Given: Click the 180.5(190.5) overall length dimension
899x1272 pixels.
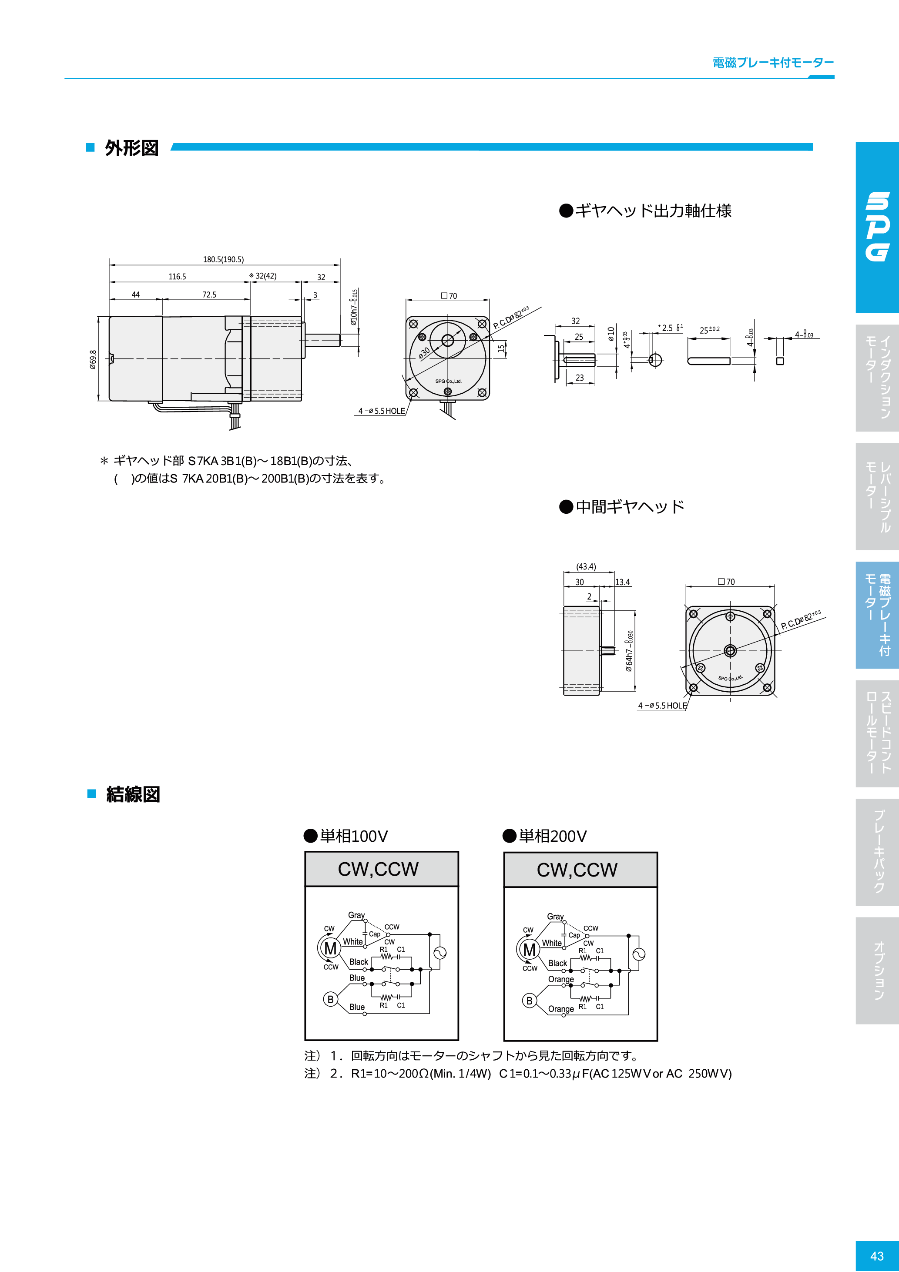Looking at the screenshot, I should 223,259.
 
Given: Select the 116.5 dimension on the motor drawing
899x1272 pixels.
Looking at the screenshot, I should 178,276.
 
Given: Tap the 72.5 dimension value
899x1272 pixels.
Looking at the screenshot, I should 209,295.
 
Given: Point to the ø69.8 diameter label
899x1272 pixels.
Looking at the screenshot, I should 93,359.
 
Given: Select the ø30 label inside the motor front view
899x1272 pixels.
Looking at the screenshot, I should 424,353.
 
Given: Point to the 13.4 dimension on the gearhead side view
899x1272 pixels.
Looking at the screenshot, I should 622,582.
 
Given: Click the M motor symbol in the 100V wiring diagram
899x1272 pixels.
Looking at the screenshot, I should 330,948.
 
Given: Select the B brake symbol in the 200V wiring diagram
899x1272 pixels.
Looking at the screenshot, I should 529,1001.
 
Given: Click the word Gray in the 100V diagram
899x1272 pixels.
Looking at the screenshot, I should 356,915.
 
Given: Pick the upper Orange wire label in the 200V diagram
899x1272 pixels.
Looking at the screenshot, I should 561,979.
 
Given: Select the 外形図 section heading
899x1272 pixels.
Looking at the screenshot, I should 132,148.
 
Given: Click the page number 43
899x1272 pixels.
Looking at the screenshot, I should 877,1256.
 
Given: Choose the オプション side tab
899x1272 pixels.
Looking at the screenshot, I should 878,970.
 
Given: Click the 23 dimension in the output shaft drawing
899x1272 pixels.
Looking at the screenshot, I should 579,378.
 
